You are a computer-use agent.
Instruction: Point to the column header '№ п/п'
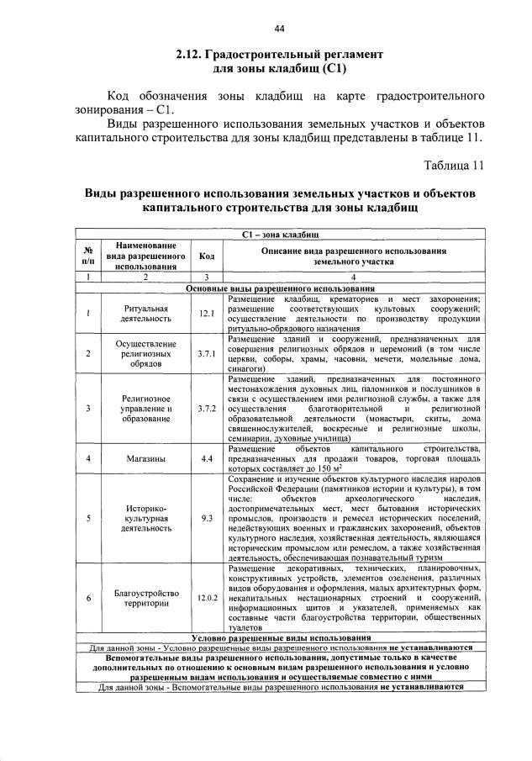(87, 256)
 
